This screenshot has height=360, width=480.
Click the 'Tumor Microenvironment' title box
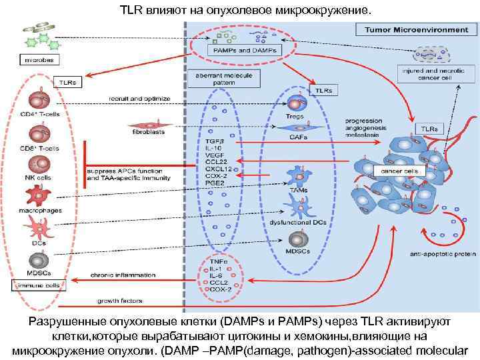click(x=411, y=30)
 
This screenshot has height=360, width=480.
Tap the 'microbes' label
click(x=39, y=59)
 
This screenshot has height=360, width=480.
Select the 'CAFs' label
click(x=298, y=137)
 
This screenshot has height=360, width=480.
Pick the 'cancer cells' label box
click(x=399, y=171)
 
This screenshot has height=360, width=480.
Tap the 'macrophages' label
click(x=39, y=210)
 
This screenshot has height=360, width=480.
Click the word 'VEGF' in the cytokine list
click(x=214, y=155)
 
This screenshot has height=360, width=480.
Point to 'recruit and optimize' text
click(x=139, y=99)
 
